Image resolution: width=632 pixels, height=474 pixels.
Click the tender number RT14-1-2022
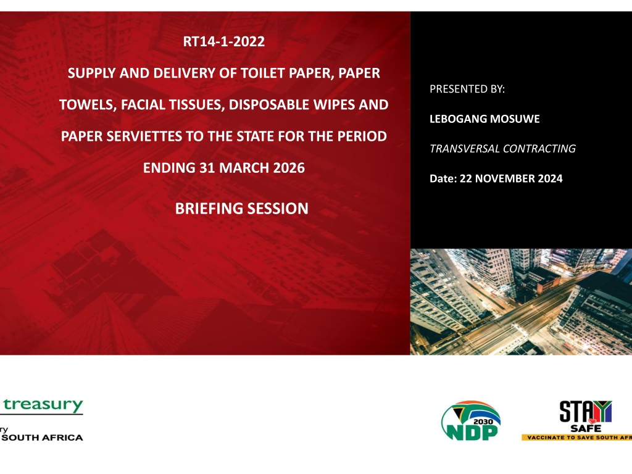[x=223, y=41]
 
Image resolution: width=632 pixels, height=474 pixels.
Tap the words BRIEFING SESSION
[x=242, y=209]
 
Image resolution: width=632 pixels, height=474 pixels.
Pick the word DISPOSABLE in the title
[x=270, y=105]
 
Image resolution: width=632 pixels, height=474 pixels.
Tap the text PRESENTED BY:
[x=467, y=89]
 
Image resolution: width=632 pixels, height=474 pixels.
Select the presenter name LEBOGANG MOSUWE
[x=484, y=119]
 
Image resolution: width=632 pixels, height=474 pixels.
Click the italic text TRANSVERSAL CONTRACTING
[x=502, y=149]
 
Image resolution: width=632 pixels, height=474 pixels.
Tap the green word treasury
[x=43, y=405]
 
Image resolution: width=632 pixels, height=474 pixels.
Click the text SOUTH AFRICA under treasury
[x=43, y=438]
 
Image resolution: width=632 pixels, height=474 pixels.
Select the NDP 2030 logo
[x=471, y=420]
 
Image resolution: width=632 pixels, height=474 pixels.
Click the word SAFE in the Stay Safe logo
[x=586, y=428]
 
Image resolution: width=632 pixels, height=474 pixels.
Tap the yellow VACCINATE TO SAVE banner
[x=577, y=438]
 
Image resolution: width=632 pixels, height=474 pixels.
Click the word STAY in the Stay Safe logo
[x=586, y=411]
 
